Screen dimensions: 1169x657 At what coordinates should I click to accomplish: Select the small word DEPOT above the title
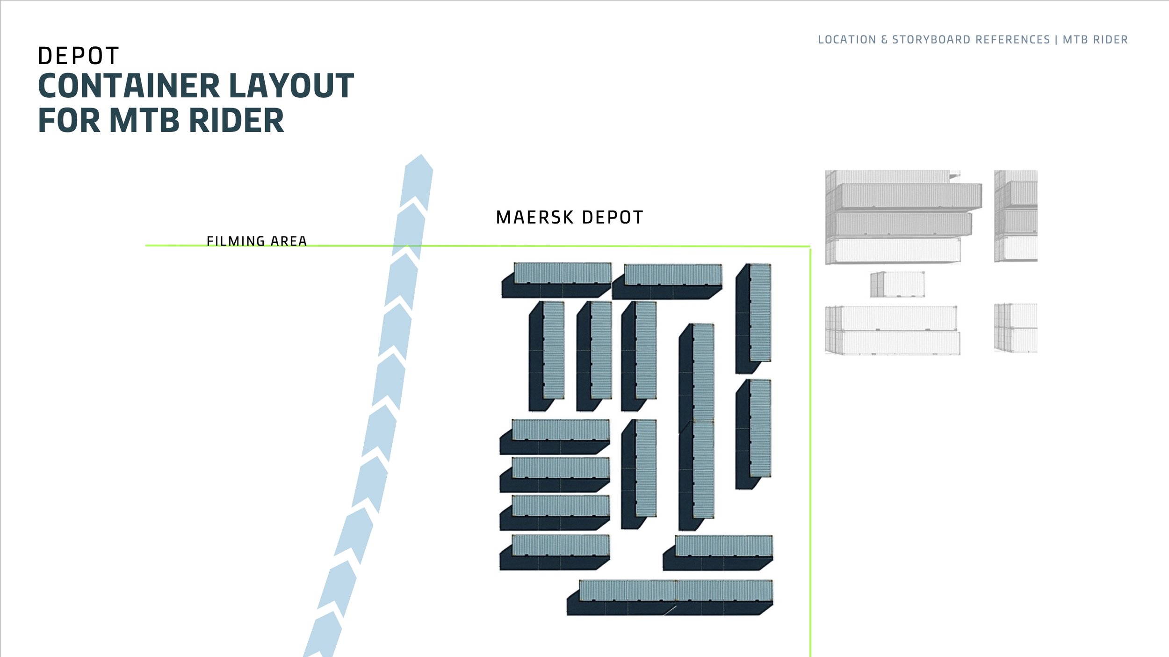[78, 56]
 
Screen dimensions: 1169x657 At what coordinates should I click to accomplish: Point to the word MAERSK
[534, 218]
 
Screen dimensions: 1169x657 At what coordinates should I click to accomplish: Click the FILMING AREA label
[257, 241]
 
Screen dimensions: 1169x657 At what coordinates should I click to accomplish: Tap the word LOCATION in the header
[847, 40]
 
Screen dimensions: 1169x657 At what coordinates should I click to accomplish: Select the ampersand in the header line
[884, 40]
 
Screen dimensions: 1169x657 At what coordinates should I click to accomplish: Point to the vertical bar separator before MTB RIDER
[1056, 40]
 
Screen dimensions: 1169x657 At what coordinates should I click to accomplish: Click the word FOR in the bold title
[69, 121]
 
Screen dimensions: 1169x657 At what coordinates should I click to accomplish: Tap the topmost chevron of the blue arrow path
[418, 180]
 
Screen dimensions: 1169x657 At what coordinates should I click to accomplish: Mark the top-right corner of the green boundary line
[810, 246]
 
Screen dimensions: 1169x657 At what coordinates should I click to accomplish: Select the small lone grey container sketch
[897, 284]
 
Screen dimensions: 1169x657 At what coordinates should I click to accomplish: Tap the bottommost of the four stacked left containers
[555, 552]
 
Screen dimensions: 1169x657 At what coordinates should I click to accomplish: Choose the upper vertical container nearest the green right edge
[754, 318]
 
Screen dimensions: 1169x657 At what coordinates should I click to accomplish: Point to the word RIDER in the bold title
[237, 121]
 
